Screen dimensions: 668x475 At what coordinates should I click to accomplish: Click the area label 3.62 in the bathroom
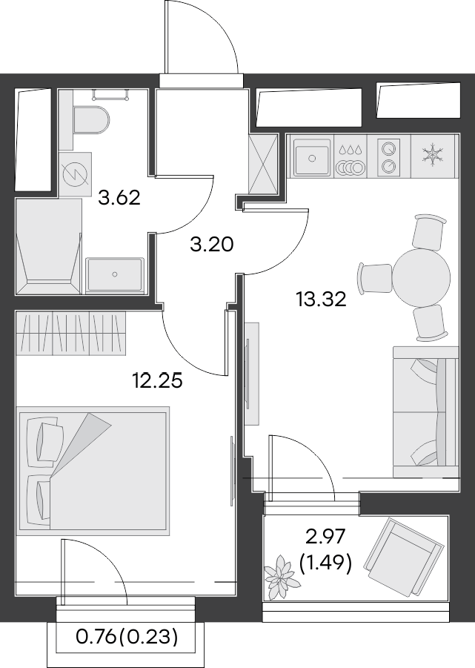coord(119,198)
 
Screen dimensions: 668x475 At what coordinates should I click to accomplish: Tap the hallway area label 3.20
coord(212,244)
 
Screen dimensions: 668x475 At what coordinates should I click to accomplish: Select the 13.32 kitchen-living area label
coord(321,300)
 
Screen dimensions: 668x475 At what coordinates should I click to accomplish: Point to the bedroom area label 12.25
coord(157,381)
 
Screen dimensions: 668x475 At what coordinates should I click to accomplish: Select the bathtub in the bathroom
coord(48,245)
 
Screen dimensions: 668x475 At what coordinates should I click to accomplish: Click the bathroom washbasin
coord(114,274)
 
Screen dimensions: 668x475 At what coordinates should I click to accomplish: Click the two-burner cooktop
coord(388,157)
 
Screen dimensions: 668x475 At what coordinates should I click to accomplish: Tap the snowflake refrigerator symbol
coord(431,156)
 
